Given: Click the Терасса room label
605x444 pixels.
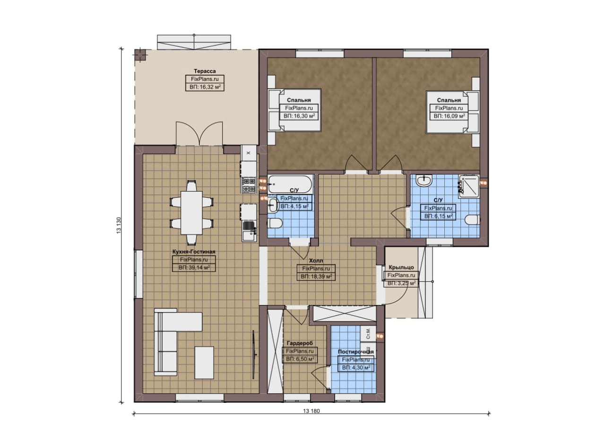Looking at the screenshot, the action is pyautogui.click(x=205, y=71).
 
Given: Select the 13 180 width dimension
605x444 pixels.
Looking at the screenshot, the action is pyautogui.click(x=311, y=411).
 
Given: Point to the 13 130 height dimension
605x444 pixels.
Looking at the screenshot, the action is pyautogui.click(x=119, y=226).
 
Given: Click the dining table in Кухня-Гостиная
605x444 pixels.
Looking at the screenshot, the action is pyautogui.click(x=191, y=212).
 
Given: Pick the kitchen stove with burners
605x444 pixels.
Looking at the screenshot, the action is pyautogui.click(x=249, y=185).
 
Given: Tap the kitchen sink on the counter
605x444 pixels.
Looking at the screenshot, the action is pyautogui.click(x=249, y=231).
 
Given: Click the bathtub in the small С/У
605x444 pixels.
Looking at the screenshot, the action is pyautogui.click(x=290, y=184).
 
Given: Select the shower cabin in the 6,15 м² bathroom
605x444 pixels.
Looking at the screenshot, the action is pyautogui.click(x=469, y=186).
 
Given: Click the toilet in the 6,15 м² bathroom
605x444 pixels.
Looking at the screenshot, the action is pyautogui.click(x=473, y=220).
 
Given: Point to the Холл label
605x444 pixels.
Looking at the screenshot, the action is pyautogui.click(x=316, y=261).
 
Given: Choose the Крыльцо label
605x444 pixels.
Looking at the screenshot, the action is pyautogui.click(x=401, y=267).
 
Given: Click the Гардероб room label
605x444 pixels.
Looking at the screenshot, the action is pyautogui.click(x=300, y=343).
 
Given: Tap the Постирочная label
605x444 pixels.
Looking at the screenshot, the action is pyautogui.click(x=356, y=352).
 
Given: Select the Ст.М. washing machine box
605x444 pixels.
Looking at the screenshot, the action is pyautogui.click(x=368, y=333).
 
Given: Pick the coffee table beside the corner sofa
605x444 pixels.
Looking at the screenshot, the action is pyautogui.click(x=204, y=363).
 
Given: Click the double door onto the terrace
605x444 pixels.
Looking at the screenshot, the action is pyautogui.click(x=199, y=134).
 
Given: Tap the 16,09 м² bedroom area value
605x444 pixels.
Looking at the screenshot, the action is pyautogui.click(x=449, y=116).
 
